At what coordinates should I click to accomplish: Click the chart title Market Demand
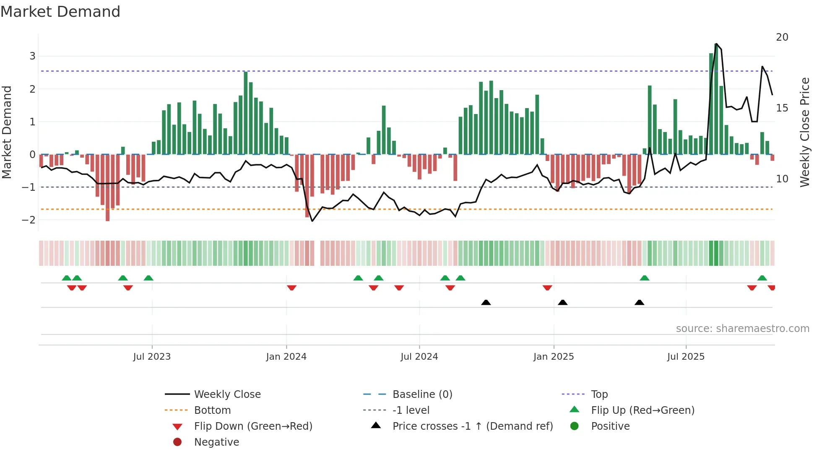tap(60, 12)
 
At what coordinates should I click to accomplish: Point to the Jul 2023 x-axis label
tap(152, 357)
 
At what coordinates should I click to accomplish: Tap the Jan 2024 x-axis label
tap(286, 357)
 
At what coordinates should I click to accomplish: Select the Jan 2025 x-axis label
tap(554, 357)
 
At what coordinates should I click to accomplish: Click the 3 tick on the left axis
tap(32, 56)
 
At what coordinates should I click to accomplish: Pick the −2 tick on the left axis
tap(29, 220)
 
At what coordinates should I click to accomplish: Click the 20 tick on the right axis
tap(782, 37)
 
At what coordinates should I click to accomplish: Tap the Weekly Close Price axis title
tap(804, 132)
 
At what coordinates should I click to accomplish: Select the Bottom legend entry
tap(212, 410)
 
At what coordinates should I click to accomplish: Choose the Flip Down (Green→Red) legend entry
tap(253, 426)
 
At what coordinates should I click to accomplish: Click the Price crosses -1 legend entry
tap(472, 426)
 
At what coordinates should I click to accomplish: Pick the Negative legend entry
tap(216, 442)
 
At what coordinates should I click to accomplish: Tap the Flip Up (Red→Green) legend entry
tap(643, 410)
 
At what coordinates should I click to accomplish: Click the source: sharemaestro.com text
tap(742, 329)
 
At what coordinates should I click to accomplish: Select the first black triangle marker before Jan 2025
tap(486, 303)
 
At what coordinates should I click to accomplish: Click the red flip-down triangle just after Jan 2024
tap(291, 288)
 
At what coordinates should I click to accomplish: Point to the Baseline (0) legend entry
tap(422, 395)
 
